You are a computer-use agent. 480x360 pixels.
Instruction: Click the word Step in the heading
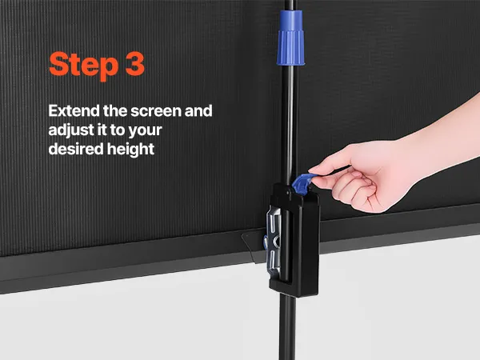coord(83,66)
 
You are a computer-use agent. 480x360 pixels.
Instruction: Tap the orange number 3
coord(135,64)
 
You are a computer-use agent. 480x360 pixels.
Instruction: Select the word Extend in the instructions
coord(74,111)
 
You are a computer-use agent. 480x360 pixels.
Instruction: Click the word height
coord(130,150)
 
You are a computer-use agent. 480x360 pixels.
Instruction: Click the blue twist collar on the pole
coord(290,38)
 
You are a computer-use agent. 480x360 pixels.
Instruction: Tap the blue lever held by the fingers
coord(303,183)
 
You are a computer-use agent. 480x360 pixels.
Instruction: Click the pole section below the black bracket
coord(287,327)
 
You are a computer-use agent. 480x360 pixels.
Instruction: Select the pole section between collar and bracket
coord(289,124)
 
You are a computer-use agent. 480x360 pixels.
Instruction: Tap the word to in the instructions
coord(118,130)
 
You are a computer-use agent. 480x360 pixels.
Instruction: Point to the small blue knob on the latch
coord(266,242)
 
